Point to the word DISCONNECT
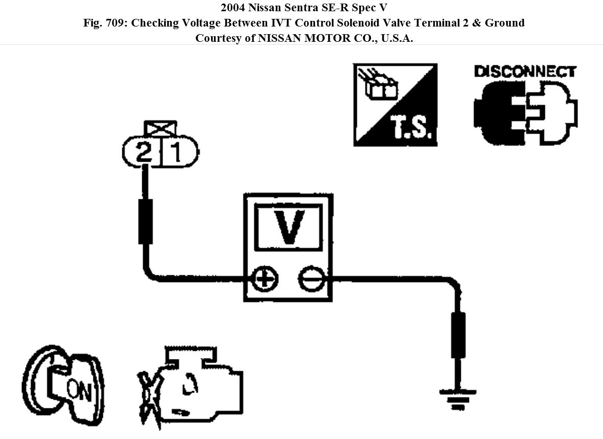(x=525, y=71)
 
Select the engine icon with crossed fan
(x=191, y=385)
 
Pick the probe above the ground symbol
(x=458, y=335)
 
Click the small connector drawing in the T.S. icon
(x=380, y=88)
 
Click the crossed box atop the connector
(x=161, y=127)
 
